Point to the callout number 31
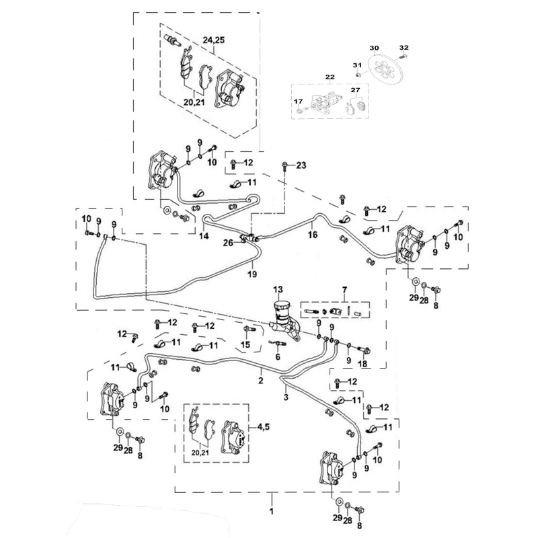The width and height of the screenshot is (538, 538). pos(358,65)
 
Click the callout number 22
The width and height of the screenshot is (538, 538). pos(330,79)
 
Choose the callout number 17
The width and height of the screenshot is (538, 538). pos(297,101)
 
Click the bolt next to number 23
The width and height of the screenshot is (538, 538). pos(287,165)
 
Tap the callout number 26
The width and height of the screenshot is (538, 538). pos(229,243)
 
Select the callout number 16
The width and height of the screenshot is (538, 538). pos(312,235)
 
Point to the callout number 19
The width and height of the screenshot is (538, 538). pos(252,274)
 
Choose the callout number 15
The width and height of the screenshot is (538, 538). pos(245,345)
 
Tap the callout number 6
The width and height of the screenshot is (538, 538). pos(276,356)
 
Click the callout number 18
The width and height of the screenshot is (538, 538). pos(364,363)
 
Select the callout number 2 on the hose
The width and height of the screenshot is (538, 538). pos(260,380)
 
